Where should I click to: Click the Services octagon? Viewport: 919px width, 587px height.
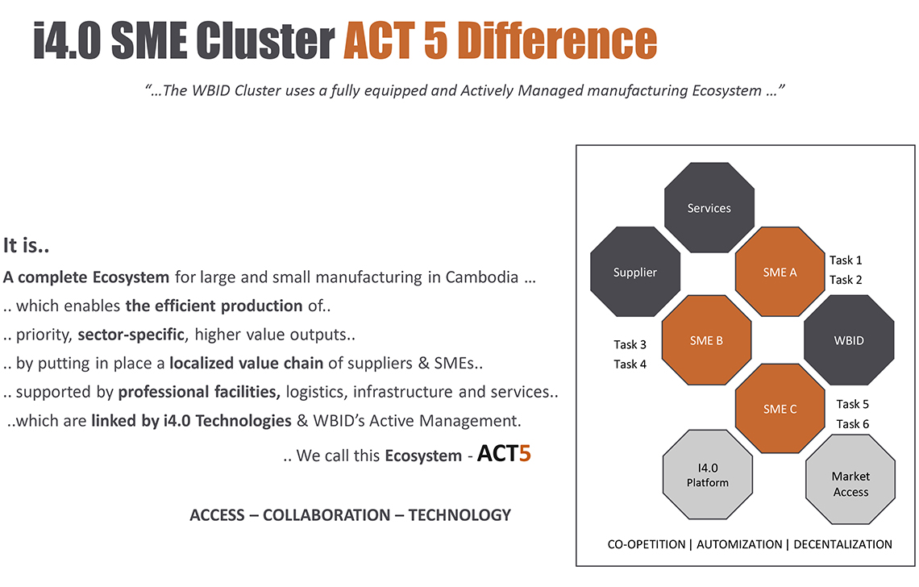(x=709, y=207)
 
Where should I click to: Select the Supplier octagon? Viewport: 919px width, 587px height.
(x=635, y=272)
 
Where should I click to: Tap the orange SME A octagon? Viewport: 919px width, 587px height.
(x=780, y=272)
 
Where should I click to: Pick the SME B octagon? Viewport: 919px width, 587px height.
(x=707, y=340)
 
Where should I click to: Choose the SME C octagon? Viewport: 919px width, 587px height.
(x=780, y=409)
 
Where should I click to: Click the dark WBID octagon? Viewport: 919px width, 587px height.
(x=849, y=340)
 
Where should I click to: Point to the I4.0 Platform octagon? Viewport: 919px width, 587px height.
(x=708, y=474)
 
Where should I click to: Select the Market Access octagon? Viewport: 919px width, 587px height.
(x=851, y=480)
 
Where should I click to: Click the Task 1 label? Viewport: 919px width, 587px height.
(x=846, y=260)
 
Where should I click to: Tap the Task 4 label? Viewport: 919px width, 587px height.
(x=630, y=364)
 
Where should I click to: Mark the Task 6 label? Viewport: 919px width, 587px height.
(x=853, y=424)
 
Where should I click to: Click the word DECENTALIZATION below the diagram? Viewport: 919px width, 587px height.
(x=842, y=544)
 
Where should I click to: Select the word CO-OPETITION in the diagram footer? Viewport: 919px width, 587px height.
(x=647, y=544)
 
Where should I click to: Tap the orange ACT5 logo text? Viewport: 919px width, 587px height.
(x=504, y=453)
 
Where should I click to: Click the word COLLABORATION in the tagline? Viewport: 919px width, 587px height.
(x=326, y=515)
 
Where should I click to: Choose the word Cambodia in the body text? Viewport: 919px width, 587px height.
(x=482, y=277)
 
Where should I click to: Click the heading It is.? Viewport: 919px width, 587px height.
(x=27, y=245)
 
